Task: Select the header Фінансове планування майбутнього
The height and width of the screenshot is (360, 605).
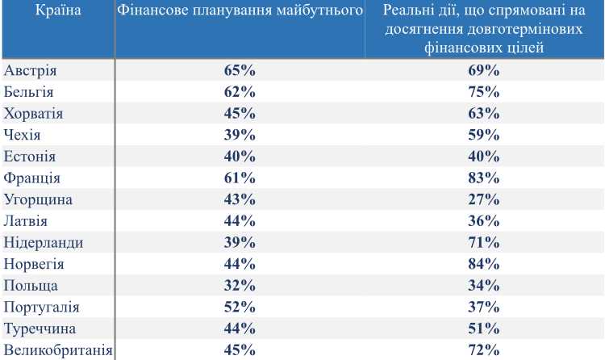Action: tap(239, 11)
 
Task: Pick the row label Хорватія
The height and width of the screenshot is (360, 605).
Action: tap(34, 113)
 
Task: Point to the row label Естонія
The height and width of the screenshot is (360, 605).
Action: tap(30, 156)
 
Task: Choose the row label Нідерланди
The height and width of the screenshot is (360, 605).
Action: tap(44, 242)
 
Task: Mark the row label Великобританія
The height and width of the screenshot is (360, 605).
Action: tap(58, 350)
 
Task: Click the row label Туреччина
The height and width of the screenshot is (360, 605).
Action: tap(40, 329)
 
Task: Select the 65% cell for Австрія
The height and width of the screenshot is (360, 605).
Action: tap(240, 70)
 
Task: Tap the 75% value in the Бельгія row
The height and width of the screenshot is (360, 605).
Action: tap(484, 91)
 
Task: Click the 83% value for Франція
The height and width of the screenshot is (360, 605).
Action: tap(484, 178)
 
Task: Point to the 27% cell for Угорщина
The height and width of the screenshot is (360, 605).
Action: tap(484, 199)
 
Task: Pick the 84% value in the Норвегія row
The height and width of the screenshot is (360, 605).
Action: tap(484, 264)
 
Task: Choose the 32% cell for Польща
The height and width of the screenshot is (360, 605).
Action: tap(240, 286)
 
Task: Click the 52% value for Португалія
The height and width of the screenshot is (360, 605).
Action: tap(240, 307)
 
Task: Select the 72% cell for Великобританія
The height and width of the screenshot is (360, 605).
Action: tap(484, 350)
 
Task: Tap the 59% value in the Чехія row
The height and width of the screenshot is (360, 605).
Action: tap(484, 135)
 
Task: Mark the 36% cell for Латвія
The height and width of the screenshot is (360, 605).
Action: tap(484, 221)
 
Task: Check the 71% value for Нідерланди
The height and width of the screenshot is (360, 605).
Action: tap(484, 242)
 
